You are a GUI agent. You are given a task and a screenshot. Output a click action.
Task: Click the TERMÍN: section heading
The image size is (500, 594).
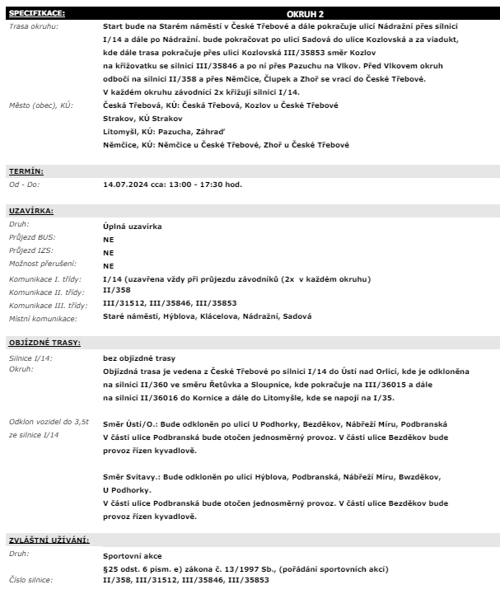pos(26,171)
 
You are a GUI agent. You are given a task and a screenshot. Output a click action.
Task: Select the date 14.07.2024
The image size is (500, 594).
pos(127,185)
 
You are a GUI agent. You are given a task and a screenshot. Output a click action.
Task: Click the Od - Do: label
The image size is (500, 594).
pos(26,184)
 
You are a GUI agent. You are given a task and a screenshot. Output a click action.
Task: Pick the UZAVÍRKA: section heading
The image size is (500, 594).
pos(30,210)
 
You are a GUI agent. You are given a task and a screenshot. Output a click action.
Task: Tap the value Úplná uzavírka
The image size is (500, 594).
pos(132,225)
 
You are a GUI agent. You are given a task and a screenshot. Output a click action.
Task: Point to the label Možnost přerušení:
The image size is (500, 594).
pos(42,264)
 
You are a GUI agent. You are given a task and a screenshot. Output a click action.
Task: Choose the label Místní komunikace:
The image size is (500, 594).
pos(43,319)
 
